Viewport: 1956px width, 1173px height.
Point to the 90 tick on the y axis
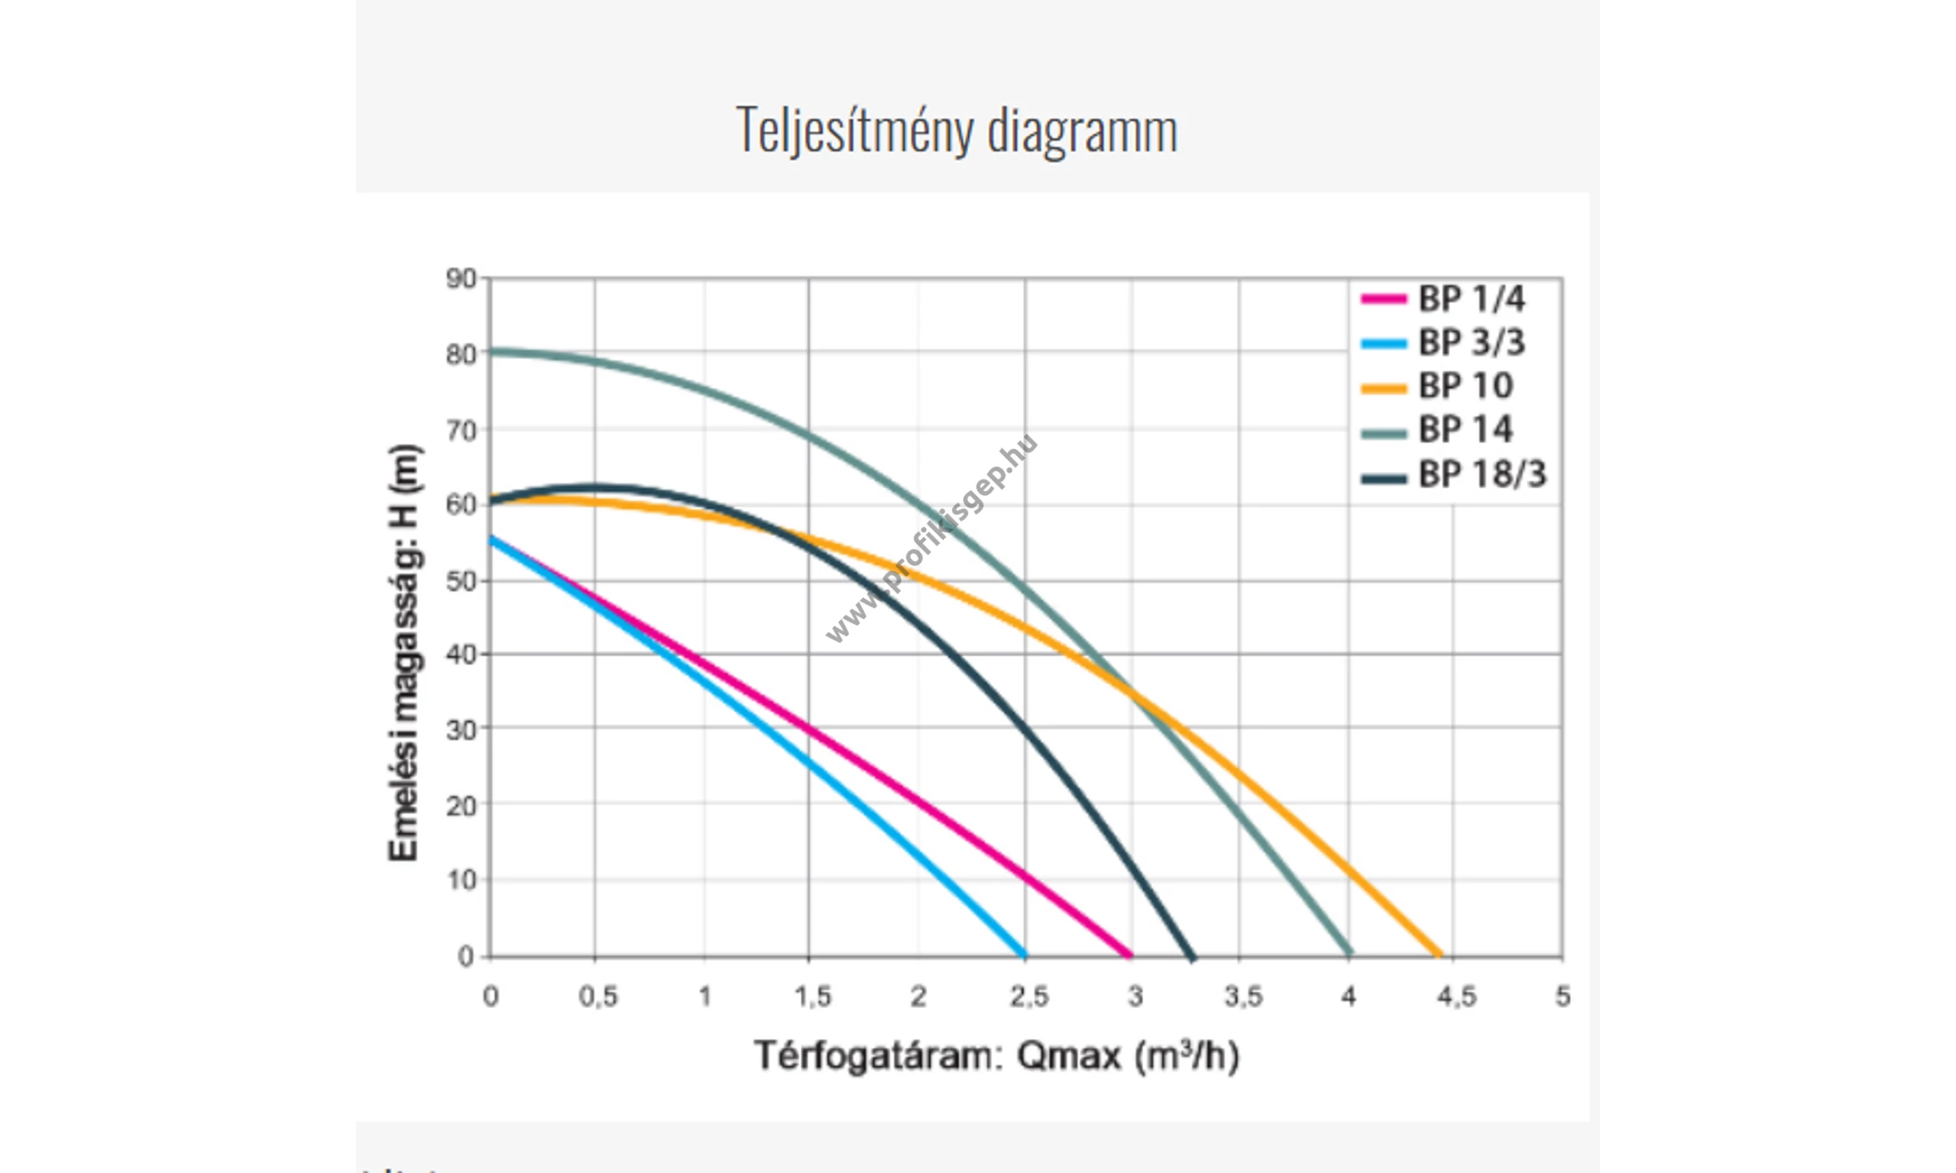(461, 279)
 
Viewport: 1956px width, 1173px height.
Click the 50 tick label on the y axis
(461, 581)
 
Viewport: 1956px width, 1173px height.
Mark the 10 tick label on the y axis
(461, 880)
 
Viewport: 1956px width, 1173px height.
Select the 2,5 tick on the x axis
(1028, 997)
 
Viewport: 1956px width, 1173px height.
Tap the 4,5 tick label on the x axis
(1456, 997)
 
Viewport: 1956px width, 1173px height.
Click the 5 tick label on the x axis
(1563, 997)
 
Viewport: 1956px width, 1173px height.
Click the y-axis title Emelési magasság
(404, 652)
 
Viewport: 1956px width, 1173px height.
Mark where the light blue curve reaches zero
(1024, 955)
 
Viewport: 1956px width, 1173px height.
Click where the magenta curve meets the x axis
(1131, 955)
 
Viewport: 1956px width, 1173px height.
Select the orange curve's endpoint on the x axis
(1439, 955)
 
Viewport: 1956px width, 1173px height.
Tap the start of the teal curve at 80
(492, 351)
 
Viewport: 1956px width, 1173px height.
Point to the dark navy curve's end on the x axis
(1192, 956)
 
